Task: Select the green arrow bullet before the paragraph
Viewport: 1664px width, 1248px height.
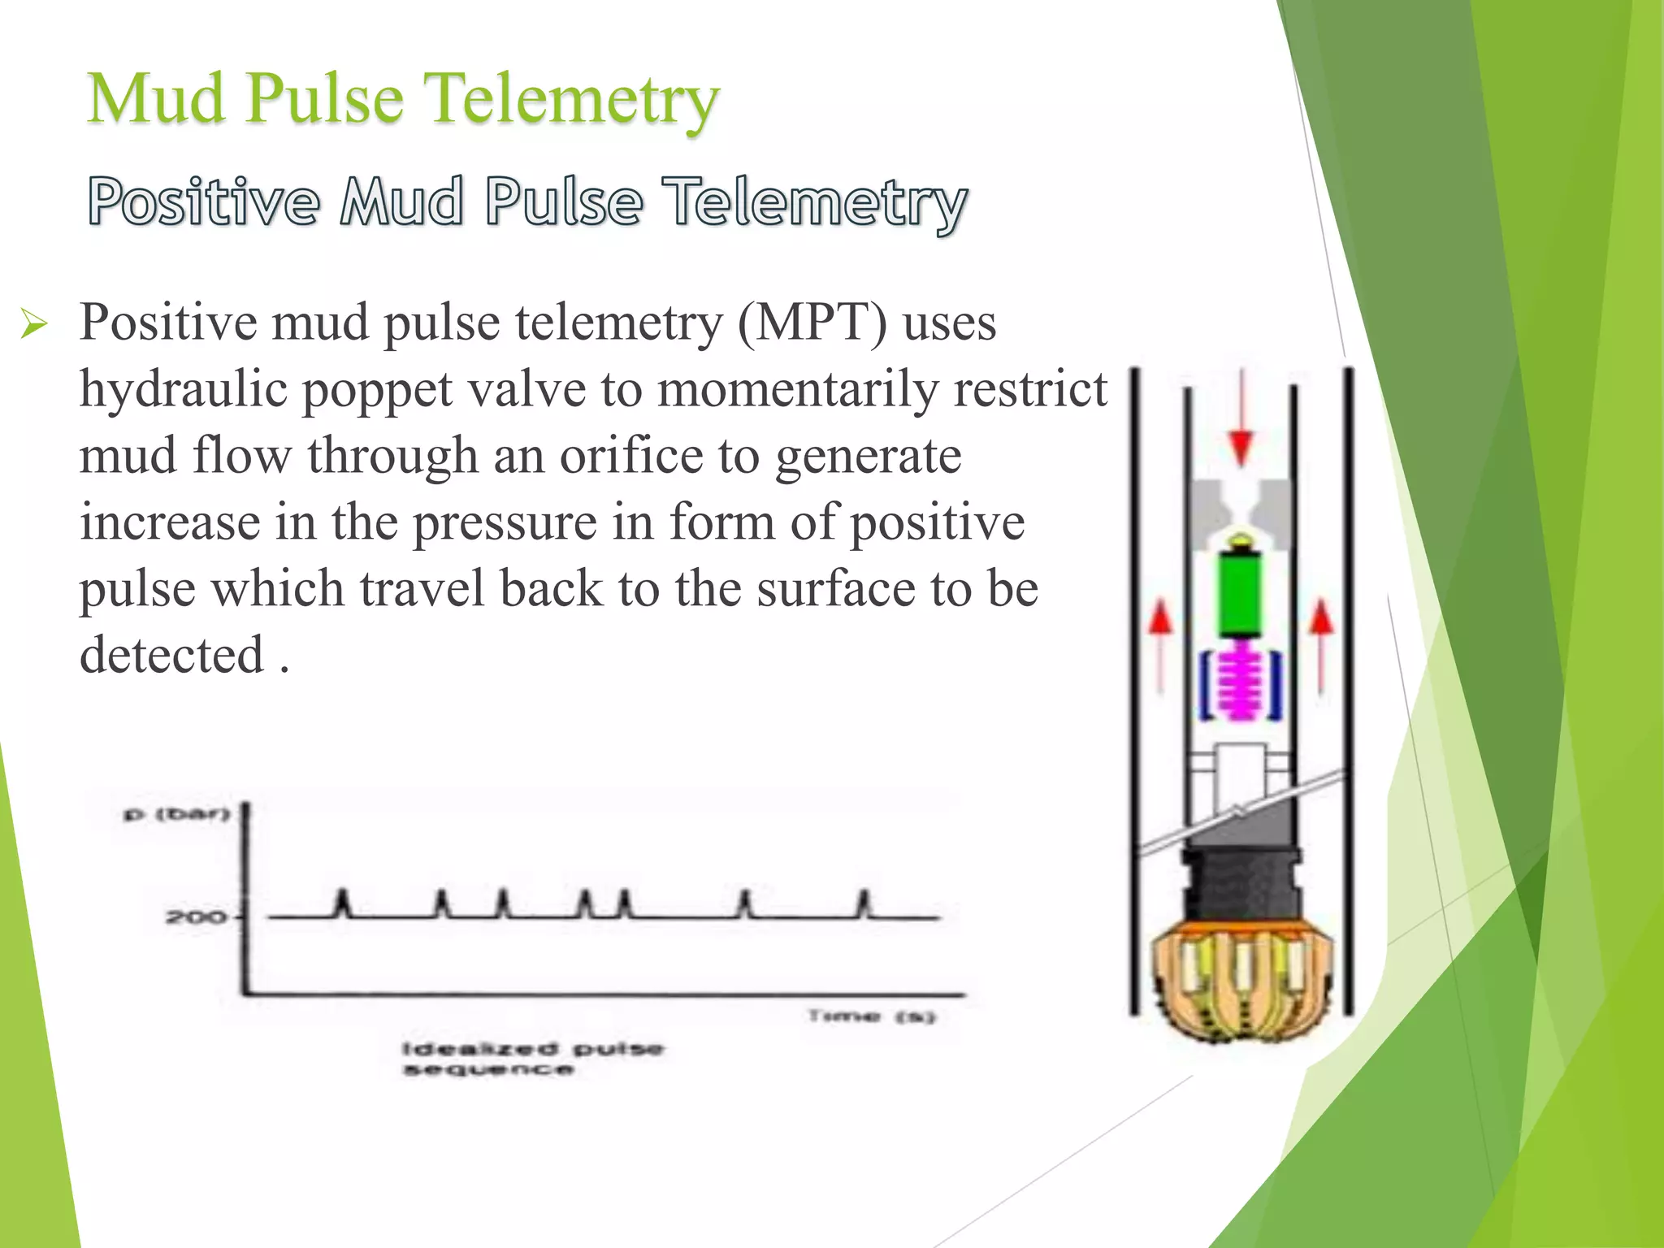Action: click(x=34, y=326)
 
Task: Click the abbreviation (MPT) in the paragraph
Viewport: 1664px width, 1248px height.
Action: click(x=812, y=323)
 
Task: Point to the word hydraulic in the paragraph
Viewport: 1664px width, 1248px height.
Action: click(x=184, y=390)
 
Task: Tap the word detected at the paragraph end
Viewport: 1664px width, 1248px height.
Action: click(x=172, y=655)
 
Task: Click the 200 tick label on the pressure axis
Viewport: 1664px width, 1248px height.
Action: click(x=195, y=917)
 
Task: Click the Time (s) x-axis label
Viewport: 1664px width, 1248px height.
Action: click(x=872, y=1016)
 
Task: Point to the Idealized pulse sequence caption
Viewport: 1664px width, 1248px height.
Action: click(x=533, y=1058)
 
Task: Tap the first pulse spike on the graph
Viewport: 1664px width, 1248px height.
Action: click(x=343, y=903)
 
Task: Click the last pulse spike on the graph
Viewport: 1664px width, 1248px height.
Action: click(x=864, y=903)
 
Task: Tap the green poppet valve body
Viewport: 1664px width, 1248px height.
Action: click(x=1240, y=593)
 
